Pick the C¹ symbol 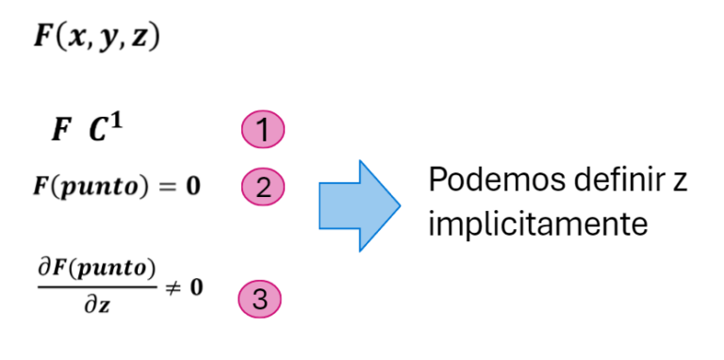pyautogui.click(x=105, y=130)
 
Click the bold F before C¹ pyautogui.click(x=59, y=132)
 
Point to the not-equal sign pyautogui.click(x=172, y=286)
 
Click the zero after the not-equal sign pyautogui.click(x=197, y=286)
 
